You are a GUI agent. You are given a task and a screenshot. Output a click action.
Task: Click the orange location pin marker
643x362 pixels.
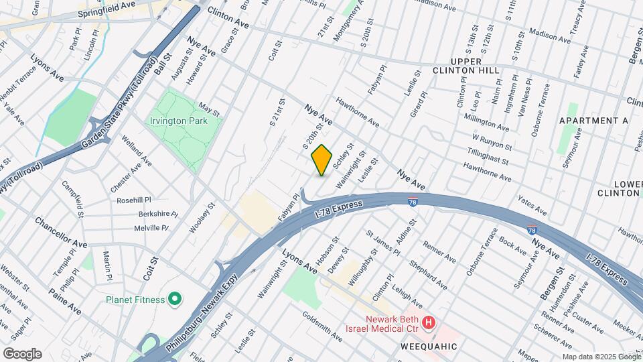[321, 160]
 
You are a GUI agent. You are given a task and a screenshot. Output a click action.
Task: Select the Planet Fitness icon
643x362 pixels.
[175, 300]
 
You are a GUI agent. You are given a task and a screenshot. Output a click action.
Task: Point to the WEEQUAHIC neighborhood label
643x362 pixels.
[429, 347]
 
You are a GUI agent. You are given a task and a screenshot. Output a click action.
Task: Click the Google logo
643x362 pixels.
[22, 353]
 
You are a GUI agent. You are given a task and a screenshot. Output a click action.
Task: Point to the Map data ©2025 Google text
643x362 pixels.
[601, 356]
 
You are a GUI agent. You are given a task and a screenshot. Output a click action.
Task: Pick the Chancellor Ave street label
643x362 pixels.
[61, 232]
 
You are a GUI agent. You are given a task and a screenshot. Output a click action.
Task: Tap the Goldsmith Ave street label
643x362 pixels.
[321, 326]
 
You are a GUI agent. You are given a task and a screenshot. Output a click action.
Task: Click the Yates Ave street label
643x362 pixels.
[532, 205]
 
